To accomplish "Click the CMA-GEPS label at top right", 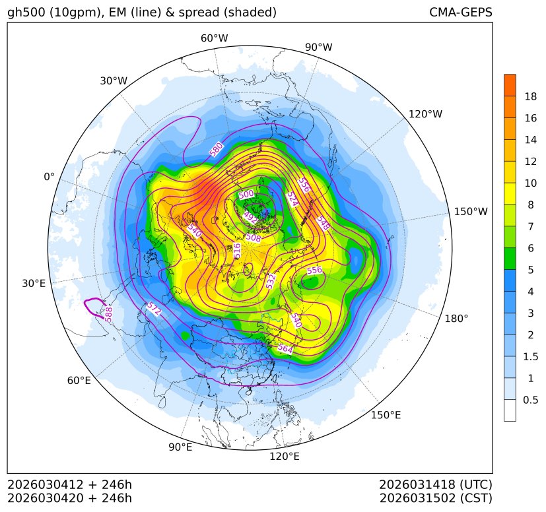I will click(x=460, y=13).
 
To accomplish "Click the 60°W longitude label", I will click(x=214, y=38).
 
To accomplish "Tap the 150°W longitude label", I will click(x=471, y=212).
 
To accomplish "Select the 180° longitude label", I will click(x=456, y=319).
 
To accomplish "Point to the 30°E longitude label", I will click(x=34, y=284).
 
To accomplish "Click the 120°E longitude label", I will click(x=285, y=457).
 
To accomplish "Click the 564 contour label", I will click(x=285, y=348).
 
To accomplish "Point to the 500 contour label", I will click(x=246, y=195).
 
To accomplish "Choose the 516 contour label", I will click(x=238, y=250).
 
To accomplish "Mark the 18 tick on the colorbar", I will click(x=530, y=96).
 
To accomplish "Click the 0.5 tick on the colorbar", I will click(x=530, y=400).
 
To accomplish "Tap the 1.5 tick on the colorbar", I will click(x=530, y=356).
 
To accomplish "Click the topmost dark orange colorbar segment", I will click(x=510, y=85).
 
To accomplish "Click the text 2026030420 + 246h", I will click(x=70, y=497).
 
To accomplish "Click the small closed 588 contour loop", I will click(x=96, y=306).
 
